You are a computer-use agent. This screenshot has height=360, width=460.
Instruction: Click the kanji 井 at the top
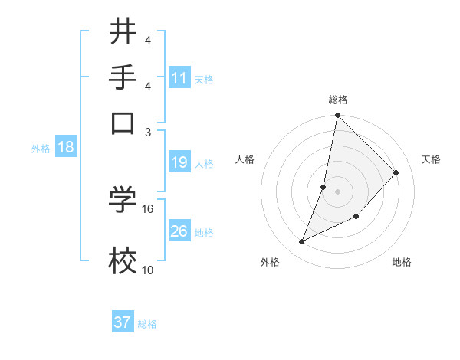click(x=123, y=32)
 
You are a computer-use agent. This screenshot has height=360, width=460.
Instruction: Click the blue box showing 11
click(x=179, y=78)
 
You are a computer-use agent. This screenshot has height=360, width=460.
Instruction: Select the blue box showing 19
click(x=179, y=162)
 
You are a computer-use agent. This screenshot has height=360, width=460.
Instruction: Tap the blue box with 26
click(x=179, y=231)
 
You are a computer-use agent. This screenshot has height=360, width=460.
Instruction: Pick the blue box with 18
click(x=66, y=148)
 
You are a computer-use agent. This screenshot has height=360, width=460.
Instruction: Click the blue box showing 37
click(x=123, y=322)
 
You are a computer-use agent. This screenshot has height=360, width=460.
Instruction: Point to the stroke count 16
click(x=148, y=208)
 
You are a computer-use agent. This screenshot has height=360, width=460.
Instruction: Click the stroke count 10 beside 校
click(x=148, y=270)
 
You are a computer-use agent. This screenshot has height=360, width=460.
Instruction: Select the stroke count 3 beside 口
click(x=148, y=131)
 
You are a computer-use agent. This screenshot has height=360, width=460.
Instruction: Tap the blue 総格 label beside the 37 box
click(x=147, y=324)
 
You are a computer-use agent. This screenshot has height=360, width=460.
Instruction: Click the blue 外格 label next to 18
click(x=41, y=149)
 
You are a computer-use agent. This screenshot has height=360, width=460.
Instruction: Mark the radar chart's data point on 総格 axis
click(x=337, y=116)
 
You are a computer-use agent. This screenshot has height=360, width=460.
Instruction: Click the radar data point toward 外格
click(x=302, y=242)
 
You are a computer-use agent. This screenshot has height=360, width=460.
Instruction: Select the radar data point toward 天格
click(x=396, y=172)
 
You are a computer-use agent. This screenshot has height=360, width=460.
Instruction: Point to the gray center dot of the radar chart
click(x=337, y=191)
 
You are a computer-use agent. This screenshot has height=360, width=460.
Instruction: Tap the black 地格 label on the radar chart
click(x=402, y=263)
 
